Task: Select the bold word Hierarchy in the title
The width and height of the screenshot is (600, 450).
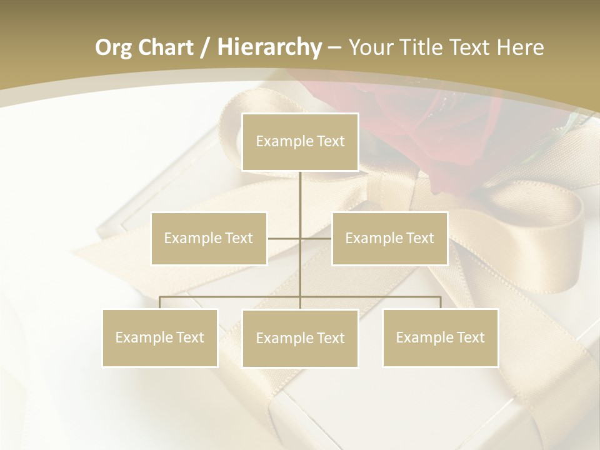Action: (269, 47)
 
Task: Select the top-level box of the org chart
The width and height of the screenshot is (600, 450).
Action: (300, 142)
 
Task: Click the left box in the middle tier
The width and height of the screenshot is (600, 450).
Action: (209, 238)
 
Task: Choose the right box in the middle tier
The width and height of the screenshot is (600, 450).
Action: (389, 238)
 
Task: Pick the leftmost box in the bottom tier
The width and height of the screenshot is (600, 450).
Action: (160, 337)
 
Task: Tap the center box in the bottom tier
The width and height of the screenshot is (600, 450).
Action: (300, 338)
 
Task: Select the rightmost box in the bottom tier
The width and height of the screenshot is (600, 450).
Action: (441, 337)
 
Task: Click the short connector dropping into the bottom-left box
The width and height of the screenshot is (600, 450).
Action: (160, 303)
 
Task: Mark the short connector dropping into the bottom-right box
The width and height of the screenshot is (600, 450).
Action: (441, 303)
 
